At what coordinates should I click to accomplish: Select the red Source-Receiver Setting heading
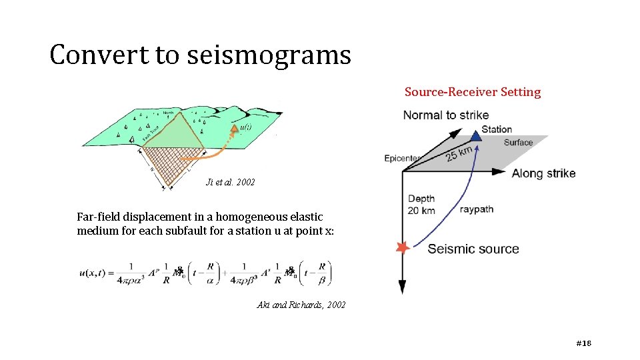(472, 92)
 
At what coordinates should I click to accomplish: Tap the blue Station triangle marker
(475, 136)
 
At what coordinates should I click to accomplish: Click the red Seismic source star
(402, 248)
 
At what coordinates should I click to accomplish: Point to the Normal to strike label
(445, 115)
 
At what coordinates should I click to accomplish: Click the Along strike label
(543, 173)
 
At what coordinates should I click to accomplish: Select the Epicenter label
(402, 158)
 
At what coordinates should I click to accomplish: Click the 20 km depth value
(421, 211)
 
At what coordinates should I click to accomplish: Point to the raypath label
(477, 209)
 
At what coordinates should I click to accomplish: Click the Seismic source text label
(473, 249)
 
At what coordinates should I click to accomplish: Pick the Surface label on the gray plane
(518, 143)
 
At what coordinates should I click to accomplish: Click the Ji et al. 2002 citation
(231, 182)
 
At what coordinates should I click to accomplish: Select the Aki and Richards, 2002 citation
(301, 305)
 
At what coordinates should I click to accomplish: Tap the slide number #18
(583, 343)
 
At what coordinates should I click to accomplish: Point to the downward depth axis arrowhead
(402, 287)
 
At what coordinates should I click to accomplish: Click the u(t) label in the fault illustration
(245, 127)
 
